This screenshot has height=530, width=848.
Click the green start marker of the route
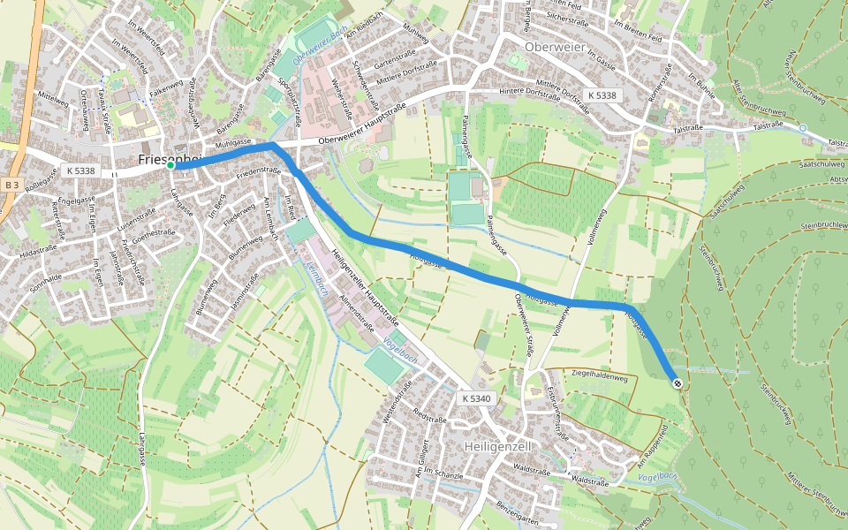(170, 165)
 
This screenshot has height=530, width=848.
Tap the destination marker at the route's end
(677, 383)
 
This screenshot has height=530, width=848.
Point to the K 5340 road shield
(475, 399)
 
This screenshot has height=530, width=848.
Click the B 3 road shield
(11, 185)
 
